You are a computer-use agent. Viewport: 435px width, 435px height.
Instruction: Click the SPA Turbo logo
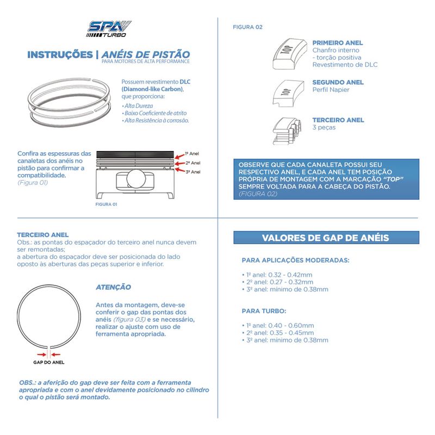point(109,29)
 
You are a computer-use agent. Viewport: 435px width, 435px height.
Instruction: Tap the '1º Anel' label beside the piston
point(192,153)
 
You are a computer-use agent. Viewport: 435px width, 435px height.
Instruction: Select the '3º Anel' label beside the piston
point(192,172)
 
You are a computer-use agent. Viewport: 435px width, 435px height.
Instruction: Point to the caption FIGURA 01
point(106,204)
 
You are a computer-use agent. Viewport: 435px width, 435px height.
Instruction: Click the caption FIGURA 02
point(247,26)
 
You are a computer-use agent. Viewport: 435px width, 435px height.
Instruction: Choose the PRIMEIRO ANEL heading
point(338,42)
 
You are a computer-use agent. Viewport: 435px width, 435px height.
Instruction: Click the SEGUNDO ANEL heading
point(338,83)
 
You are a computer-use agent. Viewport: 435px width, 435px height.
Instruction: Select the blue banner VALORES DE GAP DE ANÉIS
point(326,238)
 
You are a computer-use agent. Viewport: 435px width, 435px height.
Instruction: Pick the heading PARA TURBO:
point(264,311)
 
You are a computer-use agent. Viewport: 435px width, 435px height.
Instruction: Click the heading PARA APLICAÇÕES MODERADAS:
point(295,260)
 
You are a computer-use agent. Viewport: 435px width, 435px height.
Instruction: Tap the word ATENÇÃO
point(113,287)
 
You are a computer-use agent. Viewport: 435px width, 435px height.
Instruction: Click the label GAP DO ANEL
point(49,361)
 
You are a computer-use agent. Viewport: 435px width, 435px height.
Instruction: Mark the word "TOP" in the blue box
point(391,179)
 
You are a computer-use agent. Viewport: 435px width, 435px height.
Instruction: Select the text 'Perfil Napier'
point(331,90)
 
